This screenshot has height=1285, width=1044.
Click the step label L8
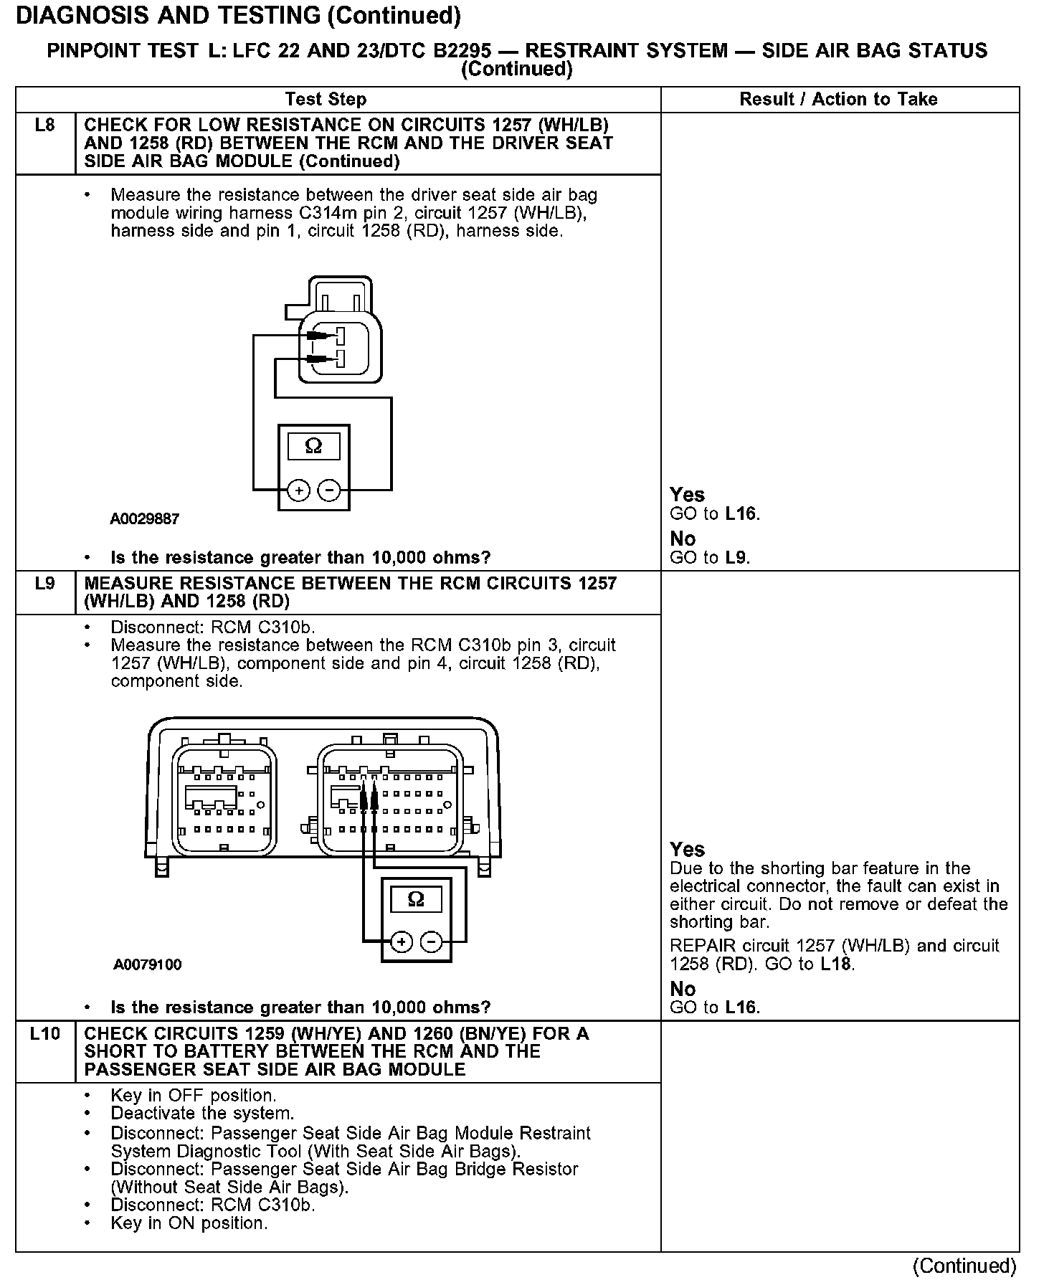pos(44,125)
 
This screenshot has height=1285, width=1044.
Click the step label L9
pos(44,583)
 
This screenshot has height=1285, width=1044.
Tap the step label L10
pos(44,1033)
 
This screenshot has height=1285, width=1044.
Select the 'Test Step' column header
pos(326,99)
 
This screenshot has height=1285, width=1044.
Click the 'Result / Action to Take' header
pos(838,99)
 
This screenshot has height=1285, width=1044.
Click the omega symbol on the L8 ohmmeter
pos(313,446)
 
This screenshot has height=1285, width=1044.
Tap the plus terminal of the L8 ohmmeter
pos(298,490)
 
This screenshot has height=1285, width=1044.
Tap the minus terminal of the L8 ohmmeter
pos(328,490)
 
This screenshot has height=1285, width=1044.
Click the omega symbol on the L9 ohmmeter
pos(416,898)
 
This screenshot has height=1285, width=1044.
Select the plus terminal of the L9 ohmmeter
pos(401,942)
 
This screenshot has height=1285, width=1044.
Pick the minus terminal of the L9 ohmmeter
pos(431,942)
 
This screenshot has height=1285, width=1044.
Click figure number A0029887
pos(144,518)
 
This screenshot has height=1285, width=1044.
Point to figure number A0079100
pos(147,964)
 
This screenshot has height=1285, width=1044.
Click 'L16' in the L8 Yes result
pos(741,513)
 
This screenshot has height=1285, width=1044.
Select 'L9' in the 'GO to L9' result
pos(736,557)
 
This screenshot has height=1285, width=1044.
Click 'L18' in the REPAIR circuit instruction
pos(835,964)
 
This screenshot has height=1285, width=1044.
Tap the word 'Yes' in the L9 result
pos(687,850)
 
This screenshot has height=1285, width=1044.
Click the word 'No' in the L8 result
pos(683,539)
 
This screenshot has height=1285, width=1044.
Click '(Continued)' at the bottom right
pos(964,1266)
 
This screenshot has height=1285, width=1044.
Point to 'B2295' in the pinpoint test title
pos(457,51)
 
